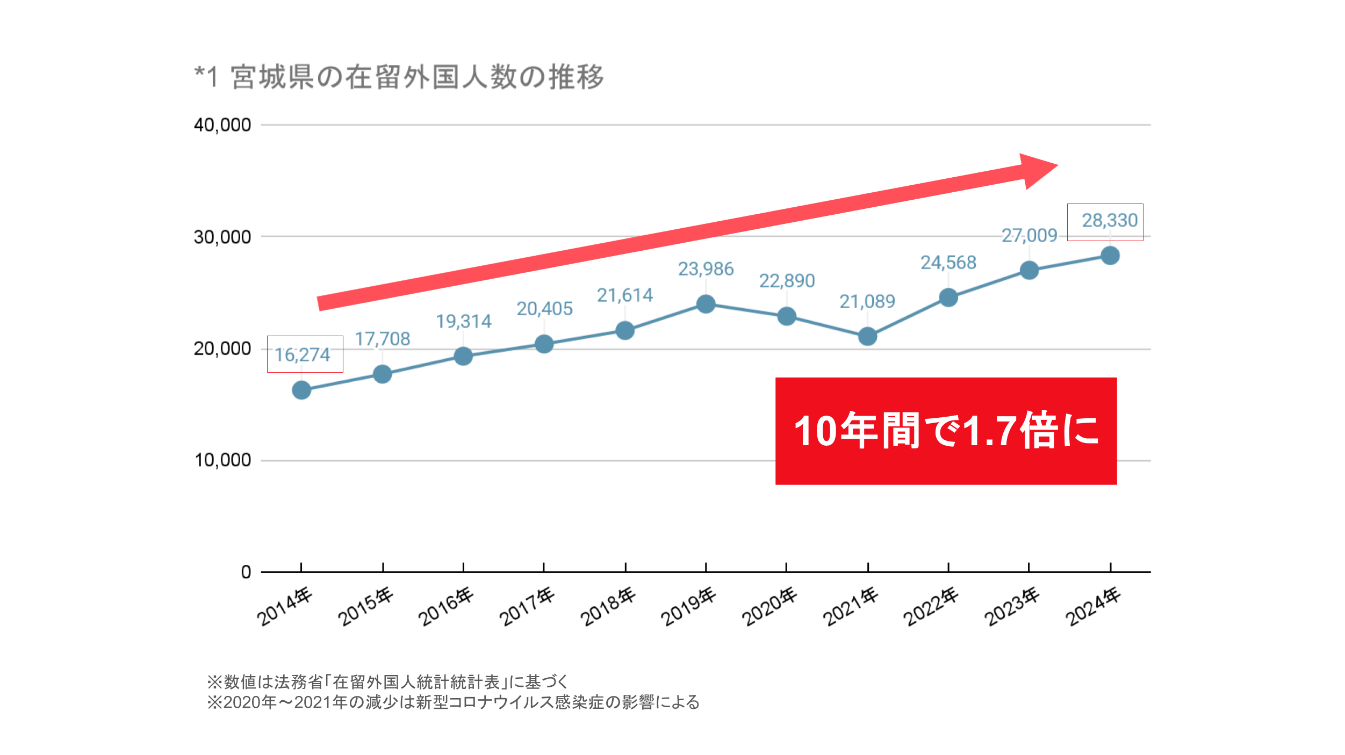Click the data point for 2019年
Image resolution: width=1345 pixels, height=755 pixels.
pos(705,304)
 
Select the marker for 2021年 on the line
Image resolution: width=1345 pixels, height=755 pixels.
pos(867,337)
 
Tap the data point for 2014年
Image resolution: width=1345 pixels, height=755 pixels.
pos(301,390)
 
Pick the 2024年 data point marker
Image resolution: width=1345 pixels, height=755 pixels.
pos(1110,256)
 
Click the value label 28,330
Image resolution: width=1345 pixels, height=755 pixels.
pos(1109,220)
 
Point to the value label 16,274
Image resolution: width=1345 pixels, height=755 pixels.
pos(303,355)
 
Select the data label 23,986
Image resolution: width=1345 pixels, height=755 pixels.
pos(706,269)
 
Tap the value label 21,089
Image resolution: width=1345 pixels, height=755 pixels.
pos(867,302)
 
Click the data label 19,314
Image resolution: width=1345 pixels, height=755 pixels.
pos(463,322)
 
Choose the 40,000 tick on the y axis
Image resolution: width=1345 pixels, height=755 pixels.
pos(222,125)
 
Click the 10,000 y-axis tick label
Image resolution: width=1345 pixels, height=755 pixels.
pos(222,460)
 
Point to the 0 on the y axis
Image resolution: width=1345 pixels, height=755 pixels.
pos(246,572)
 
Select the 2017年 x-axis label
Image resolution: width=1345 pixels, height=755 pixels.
pos(527,607)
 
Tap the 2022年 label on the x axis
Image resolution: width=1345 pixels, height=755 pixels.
pos(931,607)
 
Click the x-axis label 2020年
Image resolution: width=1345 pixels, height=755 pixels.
pos(769,607)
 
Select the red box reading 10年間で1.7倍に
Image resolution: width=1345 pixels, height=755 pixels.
pos(946,431)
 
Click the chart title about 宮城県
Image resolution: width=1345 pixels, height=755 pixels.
pos(399,77)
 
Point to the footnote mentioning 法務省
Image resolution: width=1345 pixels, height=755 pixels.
pos(387,682)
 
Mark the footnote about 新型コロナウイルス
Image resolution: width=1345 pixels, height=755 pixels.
pos(453,702)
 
